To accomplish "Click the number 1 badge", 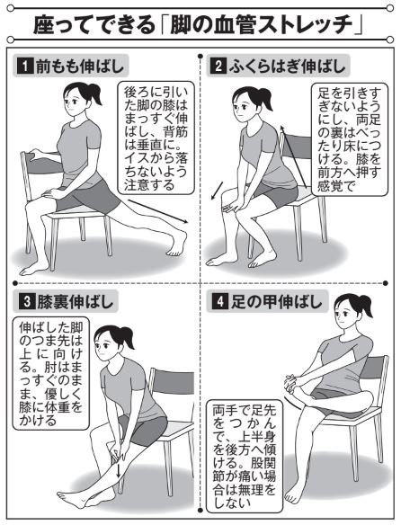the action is pos(25,67).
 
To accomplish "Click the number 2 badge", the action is pos(218,67).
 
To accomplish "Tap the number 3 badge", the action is pos(25,302).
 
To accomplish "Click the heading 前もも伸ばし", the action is pos(79,67).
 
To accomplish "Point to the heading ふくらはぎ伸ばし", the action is pos(287,67).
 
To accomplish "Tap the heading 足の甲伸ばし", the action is pos(276,302).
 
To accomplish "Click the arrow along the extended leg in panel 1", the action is pos(157,211).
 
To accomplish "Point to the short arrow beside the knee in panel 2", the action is pos(217,191).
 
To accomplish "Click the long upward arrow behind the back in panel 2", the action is pos(293,156).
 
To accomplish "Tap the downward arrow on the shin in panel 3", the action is pos(118,471).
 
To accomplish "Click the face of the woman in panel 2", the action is pos(242,105).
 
